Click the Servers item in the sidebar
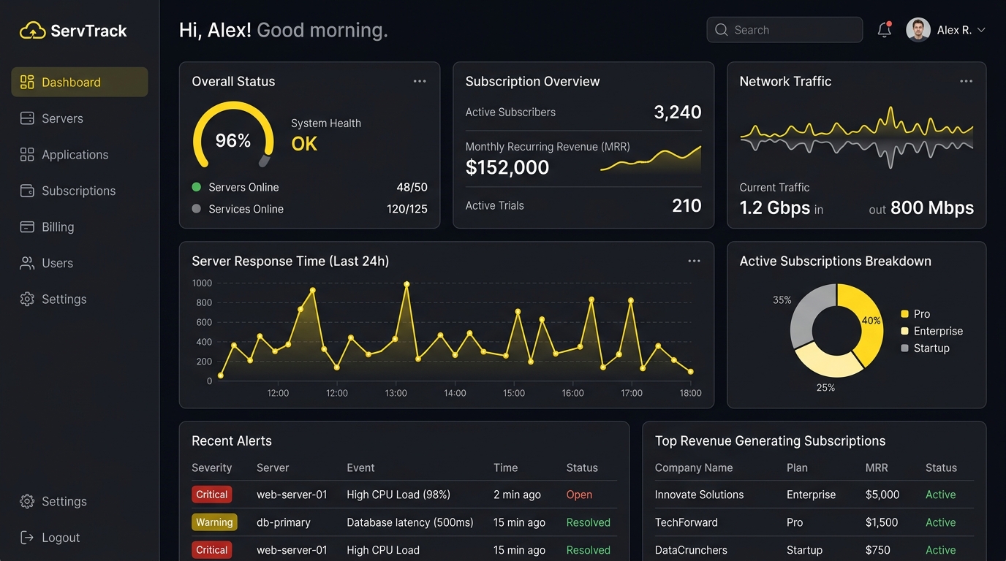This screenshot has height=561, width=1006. [52, 118]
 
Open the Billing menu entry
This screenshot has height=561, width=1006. [47, 227]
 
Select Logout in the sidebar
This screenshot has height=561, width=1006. [50, 538]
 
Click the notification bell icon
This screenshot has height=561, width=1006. [885, 30]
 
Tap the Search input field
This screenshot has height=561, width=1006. [784, 30]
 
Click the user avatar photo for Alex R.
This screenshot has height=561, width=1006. [918, 30]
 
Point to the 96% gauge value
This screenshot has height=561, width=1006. [232, 140]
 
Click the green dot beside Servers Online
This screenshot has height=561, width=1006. [196, 187]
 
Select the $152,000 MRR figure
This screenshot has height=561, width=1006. [507, 167]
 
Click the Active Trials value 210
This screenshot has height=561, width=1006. [687, 205]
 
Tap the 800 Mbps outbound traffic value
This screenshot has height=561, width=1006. [932, 207]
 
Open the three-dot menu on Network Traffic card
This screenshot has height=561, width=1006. [966, 81]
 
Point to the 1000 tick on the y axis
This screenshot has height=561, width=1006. [202, 283]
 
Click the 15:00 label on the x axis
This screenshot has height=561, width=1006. [514, 393]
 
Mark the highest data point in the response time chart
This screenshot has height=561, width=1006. [406, 284]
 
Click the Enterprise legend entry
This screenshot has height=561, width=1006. [932, 331]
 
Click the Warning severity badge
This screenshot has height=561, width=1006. [214, 522]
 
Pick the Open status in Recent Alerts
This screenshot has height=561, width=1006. [579, 495]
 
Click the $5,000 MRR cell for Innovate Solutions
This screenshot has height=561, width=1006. [882, 495]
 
